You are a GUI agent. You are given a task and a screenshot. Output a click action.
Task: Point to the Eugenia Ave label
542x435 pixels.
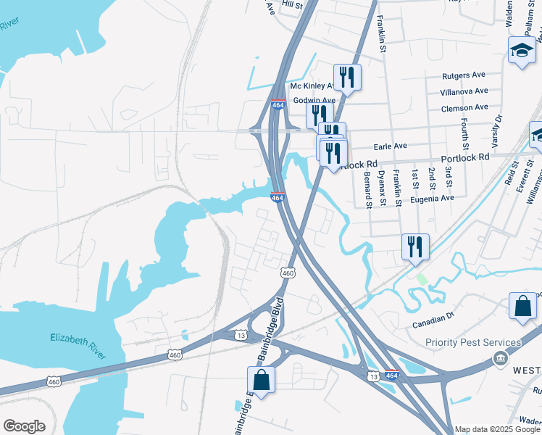click(432, 197)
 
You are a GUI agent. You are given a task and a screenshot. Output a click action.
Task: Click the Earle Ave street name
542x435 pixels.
click(390, 146)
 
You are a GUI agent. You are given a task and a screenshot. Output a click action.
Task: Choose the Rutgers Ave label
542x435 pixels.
click(463, 75)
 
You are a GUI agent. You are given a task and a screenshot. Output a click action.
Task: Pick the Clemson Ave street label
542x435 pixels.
click(464, 108)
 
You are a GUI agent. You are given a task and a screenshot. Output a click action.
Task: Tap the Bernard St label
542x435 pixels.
click(368, 189)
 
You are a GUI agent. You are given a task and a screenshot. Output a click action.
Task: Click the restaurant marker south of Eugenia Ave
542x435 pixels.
click(415, 246)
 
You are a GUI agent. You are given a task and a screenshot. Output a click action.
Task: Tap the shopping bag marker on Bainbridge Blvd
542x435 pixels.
click(261, 379)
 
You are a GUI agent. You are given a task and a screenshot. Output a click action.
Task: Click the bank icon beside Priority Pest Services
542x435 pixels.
click(499, 358)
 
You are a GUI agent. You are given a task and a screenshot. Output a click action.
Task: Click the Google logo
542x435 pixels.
click(24, 426)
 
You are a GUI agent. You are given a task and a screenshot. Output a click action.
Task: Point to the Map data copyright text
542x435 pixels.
click(498, 429)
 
